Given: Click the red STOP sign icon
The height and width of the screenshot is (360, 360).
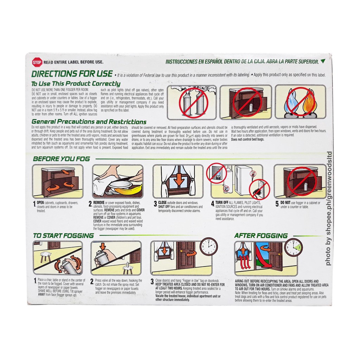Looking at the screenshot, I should (37, 62).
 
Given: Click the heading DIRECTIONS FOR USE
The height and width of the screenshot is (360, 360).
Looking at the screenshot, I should (72, 74).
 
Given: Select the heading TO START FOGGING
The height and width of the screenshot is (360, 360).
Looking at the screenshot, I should (63, 236).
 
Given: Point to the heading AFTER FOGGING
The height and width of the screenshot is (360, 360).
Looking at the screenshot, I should (261, 236).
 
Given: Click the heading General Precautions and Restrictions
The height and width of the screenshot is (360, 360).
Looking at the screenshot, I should (89, 122).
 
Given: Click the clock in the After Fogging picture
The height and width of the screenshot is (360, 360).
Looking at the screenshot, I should (293, 247).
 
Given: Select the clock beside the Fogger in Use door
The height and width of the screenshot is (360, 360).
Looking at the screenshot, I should (208, 247).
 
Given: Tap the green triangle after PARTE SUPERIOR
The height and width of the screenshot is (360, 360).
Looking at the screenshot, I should (323, 61).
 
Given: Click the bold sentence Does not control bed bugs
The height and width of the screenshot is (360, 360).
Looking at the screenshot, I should (247, 139).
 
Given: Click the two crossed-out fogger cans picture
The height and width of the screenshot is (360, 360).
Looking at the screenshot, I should (192, 102).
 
